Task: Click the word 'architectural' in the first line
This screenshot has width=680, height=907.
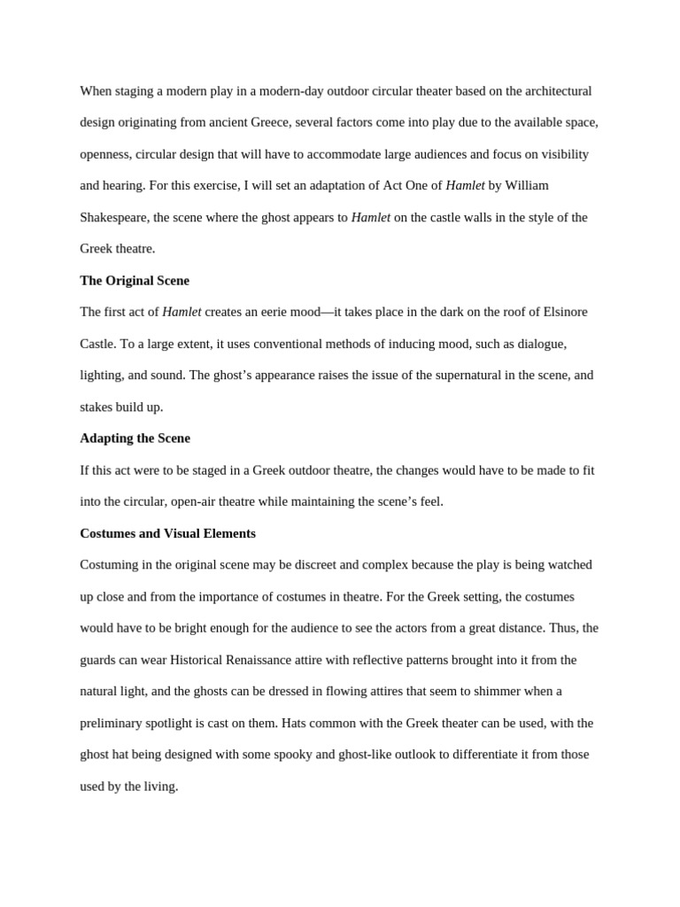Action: (550, 91)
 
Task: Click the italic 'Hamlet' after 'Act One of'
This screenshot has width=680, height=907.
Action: (465, 186)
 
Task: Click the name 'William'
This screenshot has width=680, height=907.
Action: (527, 186)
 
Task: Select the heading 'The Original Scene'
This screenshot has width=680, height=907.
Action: (135, 281)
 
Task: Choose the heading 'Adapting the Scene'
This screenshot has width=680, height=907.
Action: (135, 438)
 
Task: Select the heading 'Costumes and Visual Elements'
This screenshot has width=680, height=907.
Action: (167, 533)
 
